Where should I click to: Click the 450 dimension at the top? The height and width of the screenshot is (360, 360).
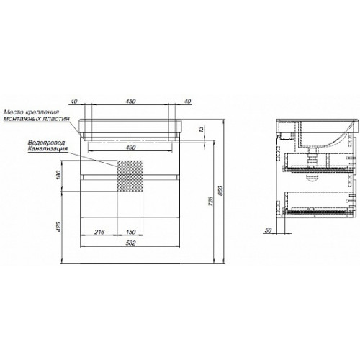(130, 101)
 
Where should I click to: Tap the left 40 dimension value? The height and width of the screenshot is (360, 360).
(74, 102)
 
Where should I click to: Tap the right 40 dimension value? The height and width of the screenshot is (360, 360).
(188, 102)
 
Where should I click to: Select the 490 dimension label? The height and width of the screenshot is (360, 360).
(130, 148)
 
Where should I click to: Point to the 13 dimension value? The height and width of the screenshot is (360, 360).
(202, 129)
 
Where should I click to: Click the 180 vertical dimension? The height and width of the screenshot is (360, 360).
(60, 175)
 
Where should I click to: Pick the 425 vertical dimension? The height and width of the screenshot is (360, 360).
(60, 226)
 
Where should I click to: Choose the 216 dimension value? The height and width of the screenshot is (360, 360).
(99, 232)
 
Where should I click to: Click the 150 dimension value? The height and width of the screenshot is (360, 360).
(130, 232)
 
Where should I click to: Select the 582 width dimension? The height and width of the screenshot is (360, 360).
(130, 243)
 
